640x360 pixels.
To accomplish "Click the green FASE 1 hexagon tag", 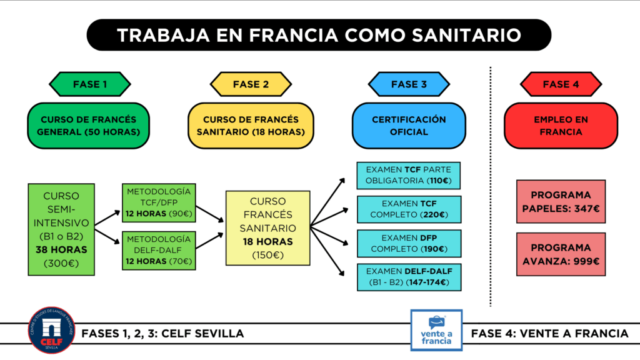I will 89,84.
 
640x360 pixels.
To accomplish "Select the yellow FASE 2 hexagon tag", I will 251,84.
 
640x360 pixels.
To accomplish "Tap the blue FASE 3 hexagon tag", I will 409,84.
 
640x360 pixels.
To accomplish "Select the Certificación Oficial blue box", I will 409,126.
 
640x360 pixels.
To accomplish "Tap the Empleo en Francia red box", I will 560,126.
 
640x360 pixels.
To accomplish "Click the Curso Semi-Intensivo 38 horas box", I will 61,229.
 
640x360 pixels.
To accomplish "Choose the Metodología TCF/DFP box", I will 159,202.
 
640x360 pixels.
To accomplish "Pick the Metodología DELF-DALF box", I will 159,249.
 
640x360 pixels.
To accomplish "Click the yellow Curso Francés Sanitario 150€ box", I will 267,228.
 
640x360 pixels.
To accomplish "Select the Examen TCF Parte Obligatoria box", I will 408,176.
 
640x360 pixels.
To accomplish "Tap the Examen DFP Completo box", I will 408,243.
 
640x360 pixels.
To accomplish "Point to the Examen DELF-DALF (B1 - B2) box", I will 408,277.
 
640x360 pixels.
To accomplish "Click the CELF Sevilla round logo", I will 51,330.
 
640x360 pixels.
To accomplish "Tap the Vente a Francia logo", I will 436,330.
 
